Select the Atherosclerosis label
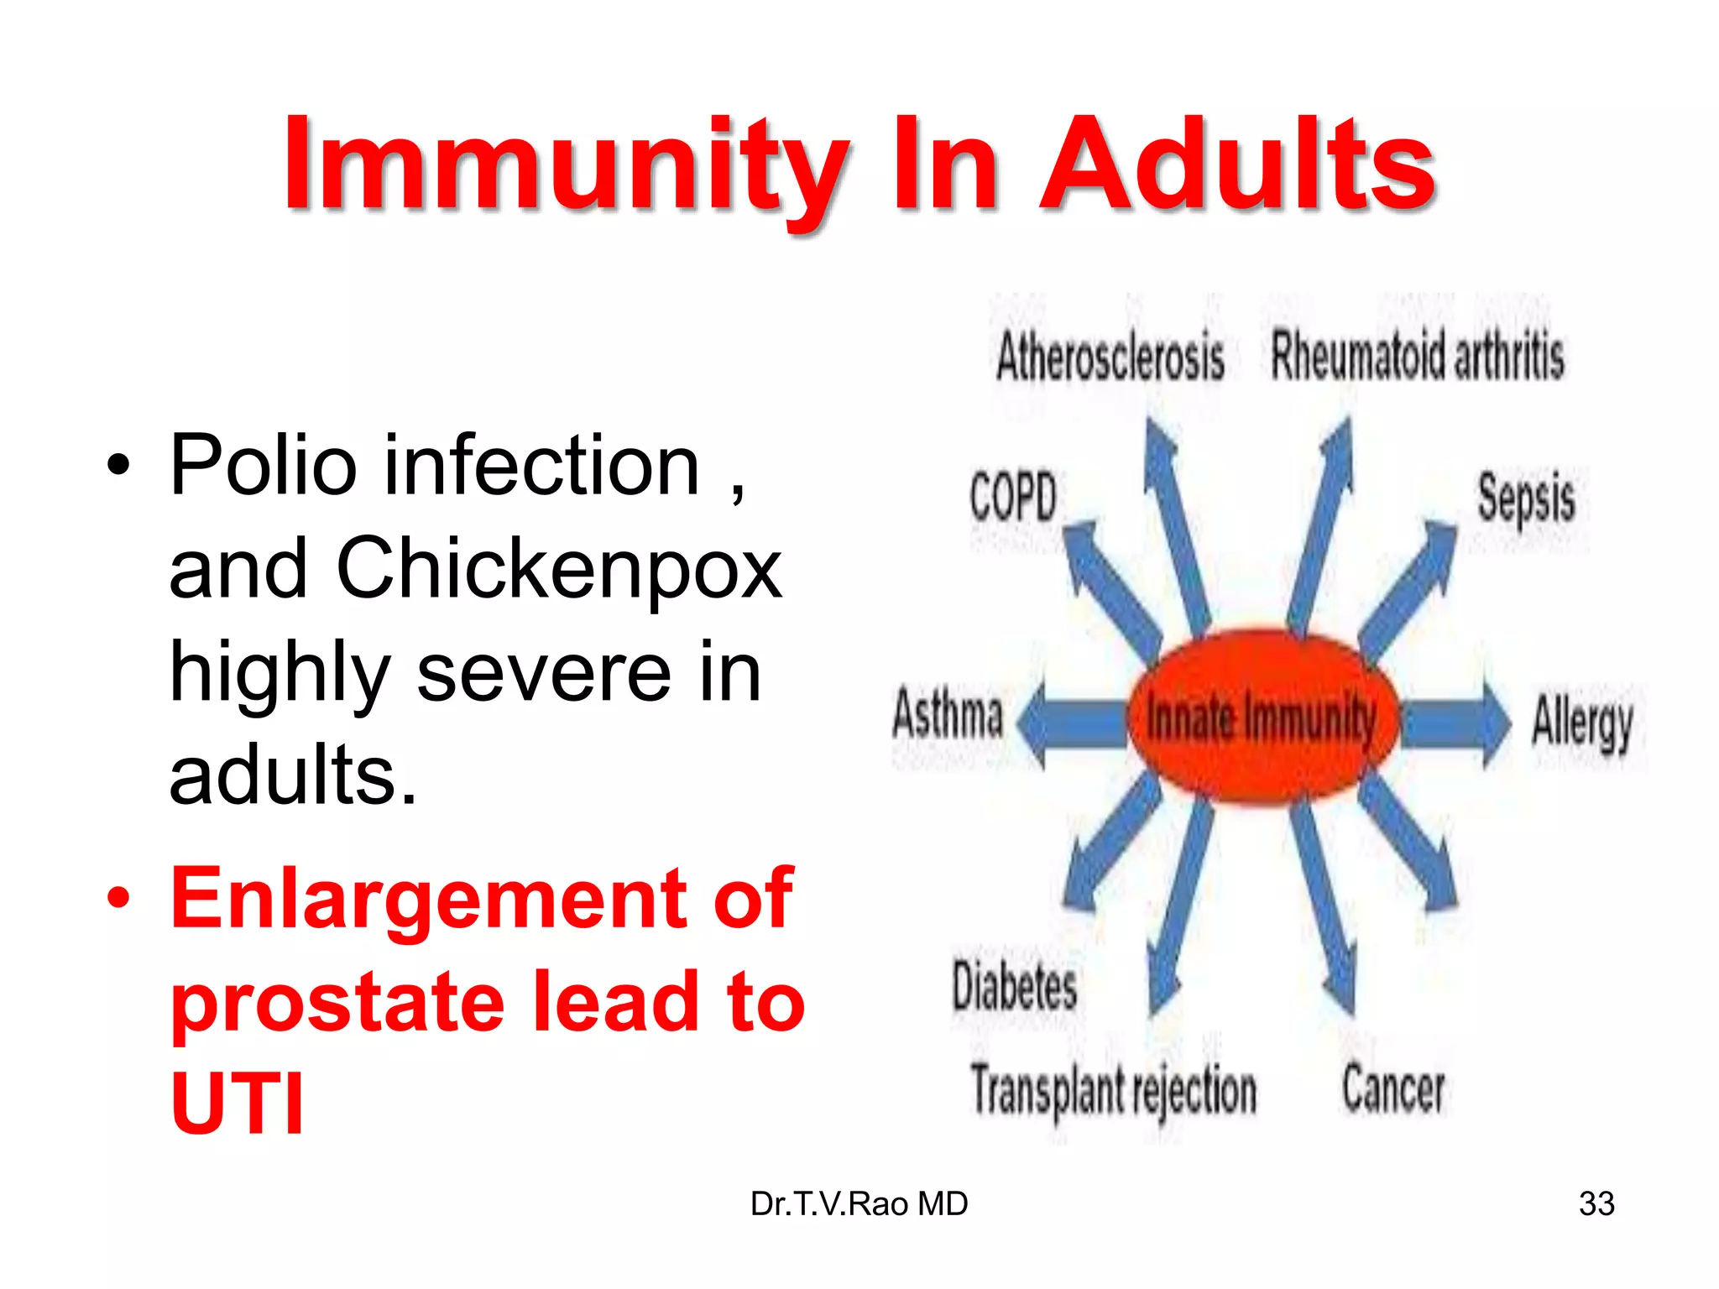click(x=1110, y=357)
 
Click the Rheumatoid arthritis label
click(x=1417, y=357)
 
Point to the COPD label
click(x=1012, y=497)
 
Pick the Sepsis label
click(x=1525, y=499)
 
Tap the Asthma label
click(x=948, y=714)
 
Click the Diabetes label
click(x=1014, y=986)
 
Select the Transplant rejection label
click(x=1113, y=1091)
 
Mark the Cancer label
click(x=1392, y=1089)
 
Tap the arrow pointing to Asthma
click(x=1070, y=723)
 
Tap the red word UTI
click(x=237, y=1104)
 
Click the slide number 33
click(x=1596, y=1203)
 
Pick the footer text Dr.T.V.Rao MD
click(x=859, y=1203)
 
